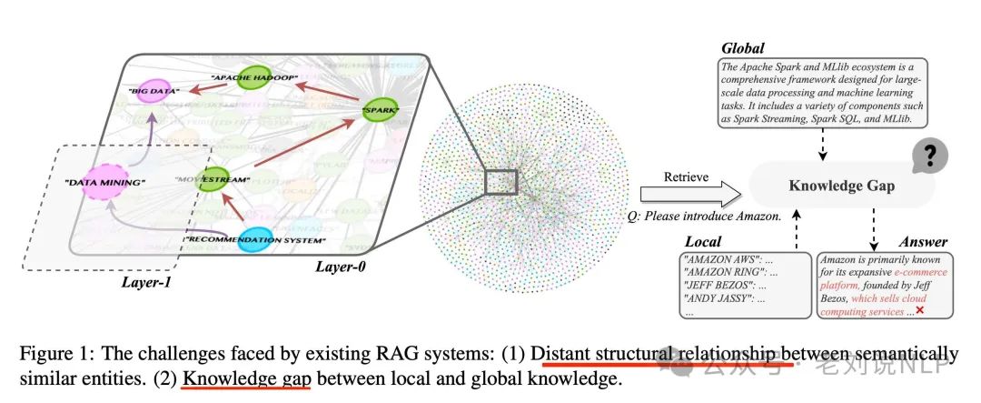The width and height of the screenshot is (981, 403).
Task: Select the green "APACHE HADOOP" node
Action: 258,77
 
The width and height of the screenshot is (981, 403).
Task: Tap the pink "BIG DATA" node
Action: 153,92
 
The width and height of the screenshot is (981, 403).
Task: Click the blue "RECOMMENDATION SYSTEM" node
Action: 247,240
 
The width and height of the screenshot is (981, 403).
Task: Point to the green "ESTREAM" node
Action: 219,179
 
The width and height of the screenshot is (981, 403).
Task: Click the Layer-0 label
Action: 342,268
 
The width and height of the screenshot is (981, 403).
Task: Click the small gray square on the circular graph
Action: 500,181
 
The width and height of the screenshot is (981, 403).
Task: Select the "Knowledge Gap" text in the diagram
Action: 841,186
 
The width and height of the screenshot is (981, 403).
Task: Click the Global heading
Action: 744,46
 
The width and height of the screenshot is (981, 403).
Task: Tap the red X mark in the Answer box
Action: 919,311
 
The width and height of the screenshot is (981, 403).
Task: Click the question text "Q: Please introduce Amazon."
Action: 705,217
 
